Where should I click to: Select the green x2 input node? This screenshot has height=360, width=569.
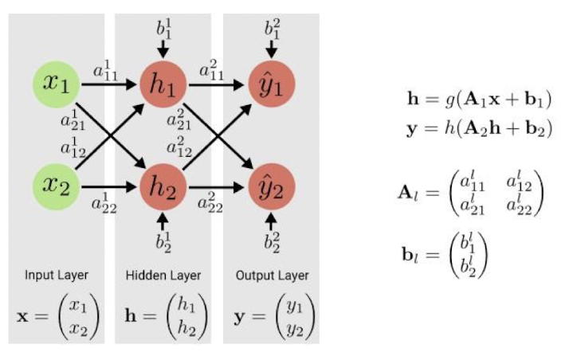click(56, 188)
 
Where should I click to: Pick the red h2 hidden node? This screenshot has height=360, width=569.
click(163, 188)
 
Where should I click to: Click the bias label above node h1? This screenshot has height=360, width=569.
click(163, 29)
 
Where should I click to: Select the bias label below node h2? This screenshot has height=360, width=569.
click(163, 243)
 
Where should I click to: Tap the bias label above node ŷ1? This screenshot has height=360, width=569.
click(272, 29)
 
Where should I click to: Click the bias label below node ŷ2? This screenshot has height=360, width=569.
click(272, 243)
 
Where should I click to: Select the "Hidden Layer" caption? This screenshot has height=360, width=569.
click(163, 276)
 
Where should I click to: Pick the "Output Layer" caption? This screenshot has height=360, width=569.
click(272, 276)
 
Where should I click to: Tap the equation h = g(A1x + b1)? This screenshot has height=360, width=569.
click(478, 99)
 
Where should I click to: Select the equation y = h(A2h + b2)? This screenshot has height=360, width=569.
click(478, 128)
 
